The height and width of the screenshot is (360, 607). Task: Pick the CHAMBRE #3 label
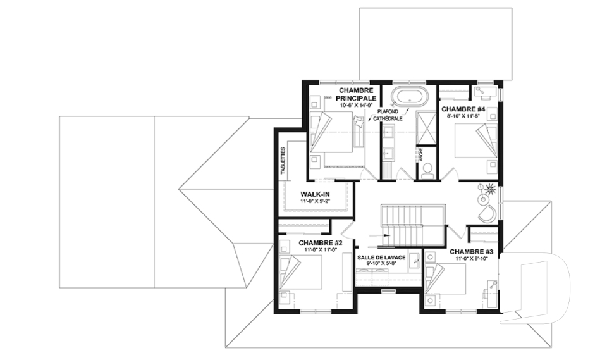(x=471, y=251)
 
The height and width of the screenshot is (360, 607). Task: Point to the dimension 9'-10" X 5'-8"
(x=381, y=264)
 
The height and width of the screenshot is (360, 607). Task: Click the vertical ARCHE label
(x=419, y=154)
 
